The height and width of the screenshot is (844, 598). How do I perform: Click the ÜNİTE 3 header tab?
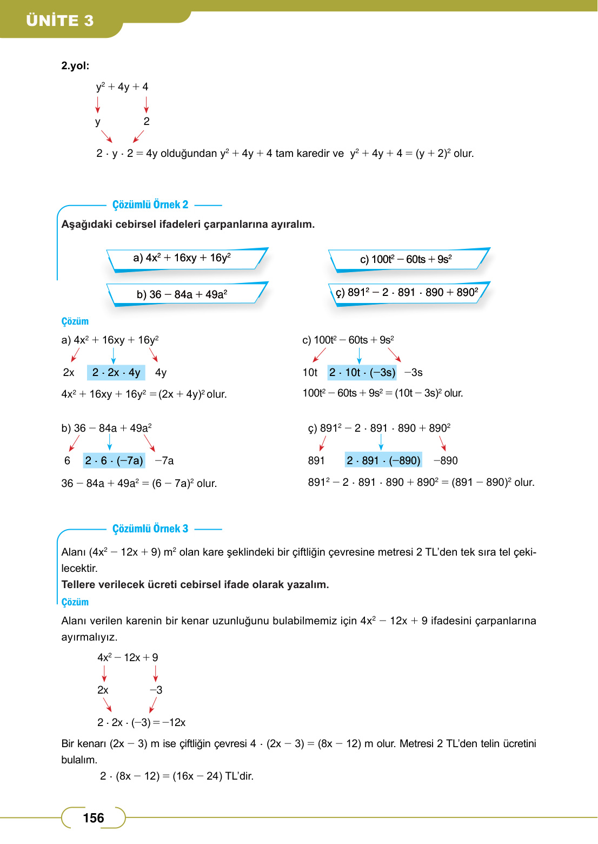point(60,20)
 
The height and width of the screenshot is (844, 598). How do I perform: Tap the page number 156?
point(93,817)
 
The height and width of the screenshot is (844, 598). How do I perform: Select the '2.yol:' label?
point(75,66)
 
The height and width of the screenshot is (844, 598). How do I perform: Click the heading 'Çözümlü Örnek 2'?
point(150,205)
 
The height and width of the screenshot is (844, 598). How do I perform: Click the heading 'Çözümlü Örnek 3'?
point(150,529)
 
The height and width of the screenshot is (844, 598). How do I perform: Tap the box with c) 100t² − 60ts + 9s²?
point(406,259)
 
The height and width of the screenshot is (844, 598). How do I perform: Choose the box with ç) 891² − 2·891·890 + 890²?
point(407,293)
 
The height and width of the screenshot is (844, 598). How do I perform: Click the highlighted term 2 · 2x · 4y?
point(116,372)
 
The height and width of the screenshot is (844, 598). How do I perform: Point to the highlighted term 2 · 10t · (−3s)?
point(362,372)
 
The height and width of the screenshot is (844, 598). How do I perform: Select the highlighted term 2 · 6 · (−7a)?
point(114,460)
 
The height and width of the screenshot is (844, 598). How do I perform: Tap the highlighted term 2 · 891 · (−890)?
point(383,460)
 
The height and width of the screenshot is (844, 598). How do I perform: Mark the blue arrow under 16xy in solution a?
point(113,355)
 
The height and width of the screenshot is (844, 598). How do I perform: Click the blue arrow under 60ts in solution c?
point(359,355)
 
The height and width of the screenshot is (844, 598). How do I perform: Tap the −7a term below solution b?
point(164,460)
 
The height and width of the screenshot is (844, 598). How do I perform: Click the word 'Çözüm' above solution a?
point(75,321)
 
